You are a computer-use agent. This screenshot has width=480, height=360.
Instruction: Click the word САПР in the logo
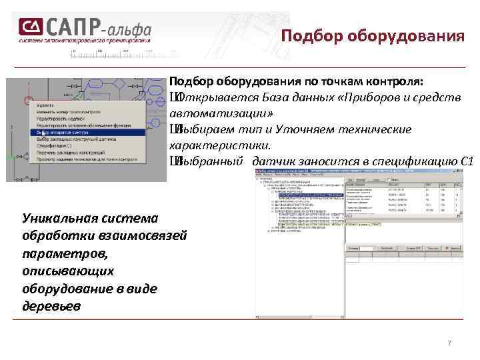coord(74,27)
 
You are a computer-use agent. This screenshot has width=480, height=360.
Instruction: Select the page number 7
coord(449,343)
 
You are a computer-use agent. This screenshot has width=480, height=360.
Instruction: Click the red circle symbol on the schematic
coord(27,101)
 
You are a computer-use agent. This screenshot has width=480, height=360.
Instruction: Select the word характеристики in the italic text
coord(219,145)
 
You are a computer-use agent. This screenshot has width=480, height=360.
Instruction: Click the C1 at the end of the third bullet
coord(467,161)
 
